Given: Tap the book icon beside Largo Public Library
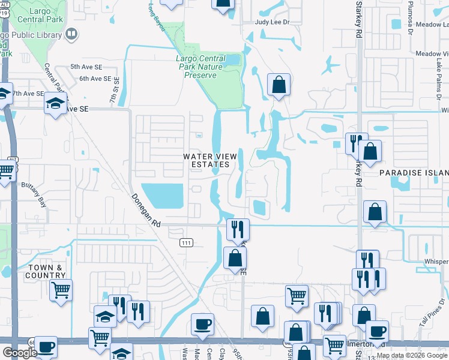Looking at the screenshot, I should (x=71, y=35).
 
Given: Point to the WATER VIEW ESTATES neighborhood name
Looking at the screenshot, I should (x=206, y=160).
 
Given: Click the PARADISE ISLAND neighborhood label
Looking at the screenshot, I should (x=414, y=172).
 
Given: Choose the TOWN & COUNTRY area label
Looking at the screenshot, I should (x=45, y=271).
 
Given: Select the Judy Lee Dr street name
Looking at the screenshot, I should (x=272, y=22).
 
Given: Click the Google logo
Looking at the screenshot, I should (x=20, y=353).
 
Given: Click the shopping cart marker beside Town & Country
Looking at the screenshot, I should (x=61, y=290).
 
